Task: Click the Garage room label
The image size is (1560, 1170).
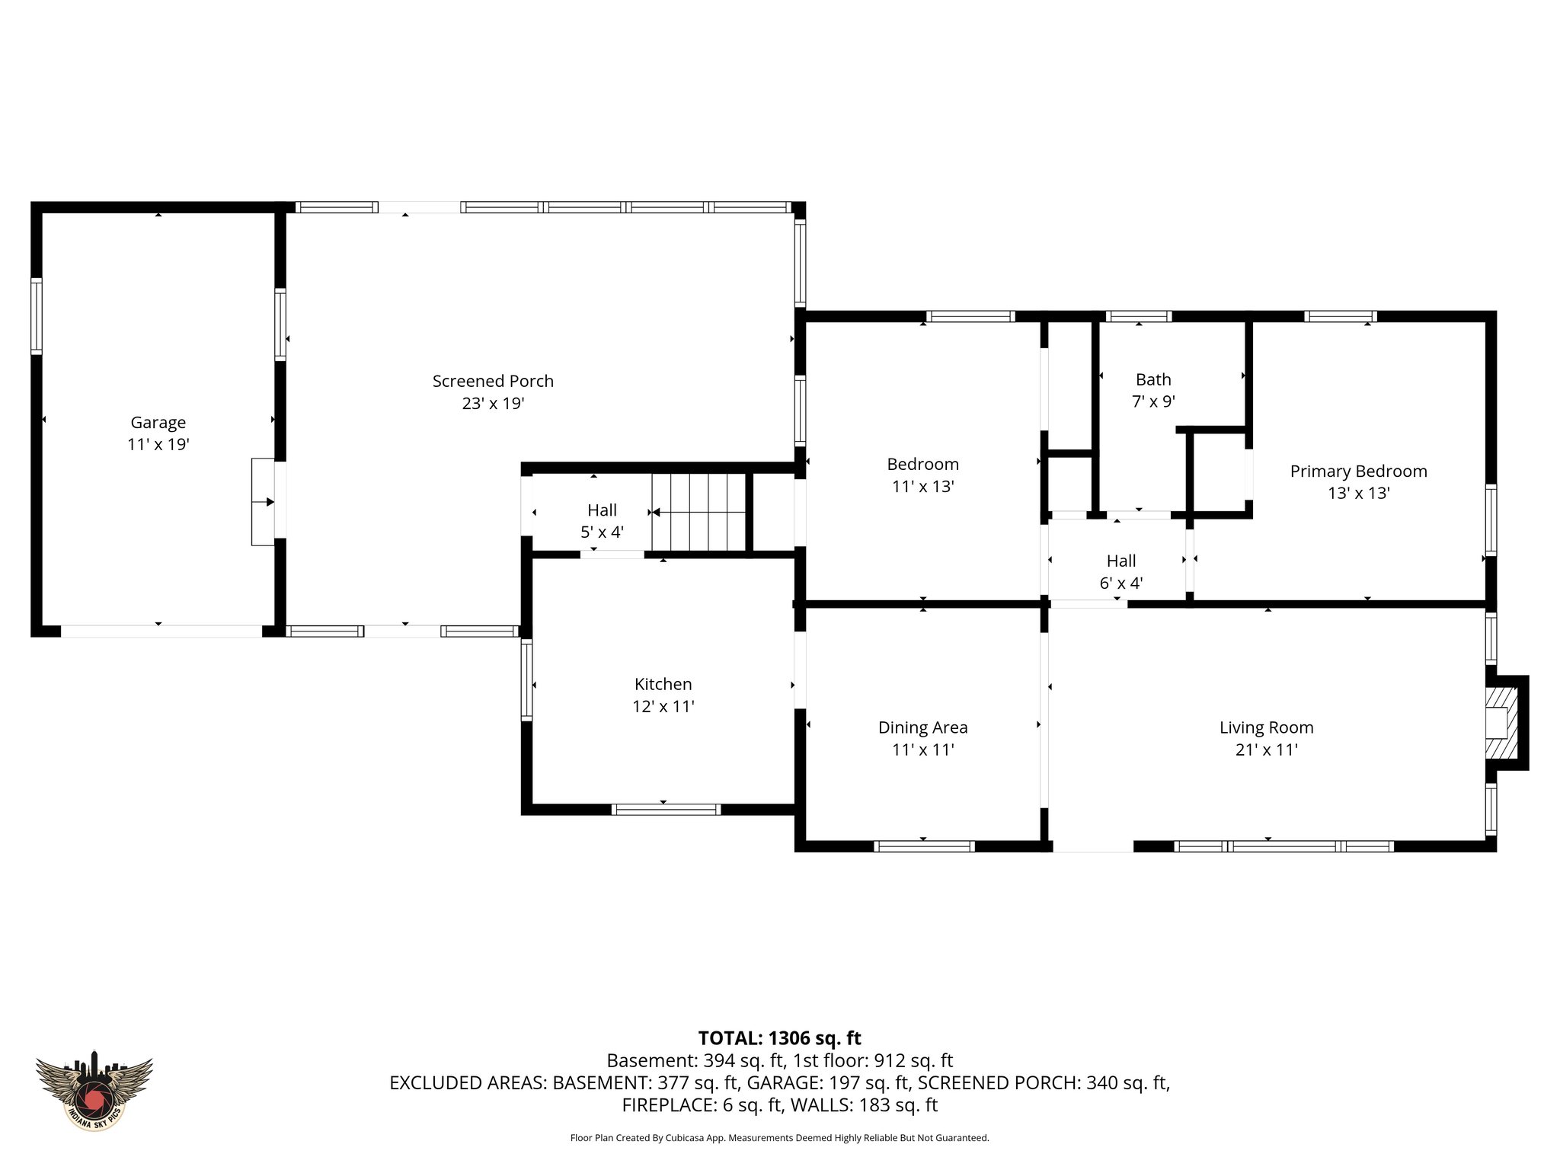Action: (x=158, y=422)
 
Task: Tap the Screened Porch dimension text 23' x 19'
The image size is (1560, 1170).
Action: (x=493, y=404)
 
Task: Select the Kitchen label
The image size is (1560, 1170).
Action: (x=663, y=684)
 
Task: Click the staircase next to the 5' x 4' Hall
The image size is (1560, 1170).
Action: (x=698, y=511)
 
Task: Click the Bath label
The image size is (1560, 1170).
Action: (x=1153, y=379)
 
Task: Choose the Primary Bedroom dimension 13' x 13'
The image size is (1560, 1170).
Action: (x=1358, y=494)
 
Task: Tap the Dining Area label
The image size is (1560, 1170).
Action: (x=922, y=727)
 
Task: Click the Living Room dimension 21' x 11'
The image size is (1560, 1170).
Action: (x=1266, y=750)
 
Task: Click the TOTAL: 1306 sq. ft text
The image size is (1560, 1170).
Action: (x=779, y=1038)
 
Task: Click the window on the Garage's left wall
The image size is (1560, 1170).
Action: (x=36, y=316)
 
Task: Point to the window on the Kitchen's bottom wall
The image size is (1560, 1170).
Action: (x=666, y=809)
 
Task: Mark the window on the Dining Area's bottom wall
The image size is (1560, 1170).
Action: (x=923, y=846)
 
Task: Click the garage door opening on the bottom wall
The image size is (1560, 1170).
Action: (x=161, y=631)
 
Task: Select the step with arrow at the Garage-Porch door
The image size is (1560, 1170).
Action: (x=263, y=501)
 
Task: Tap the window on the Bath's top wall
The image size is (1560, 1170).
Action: (x=1138, y=316)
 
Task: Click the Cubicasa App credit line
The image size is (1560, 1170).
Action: (x=779, y=1138)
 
